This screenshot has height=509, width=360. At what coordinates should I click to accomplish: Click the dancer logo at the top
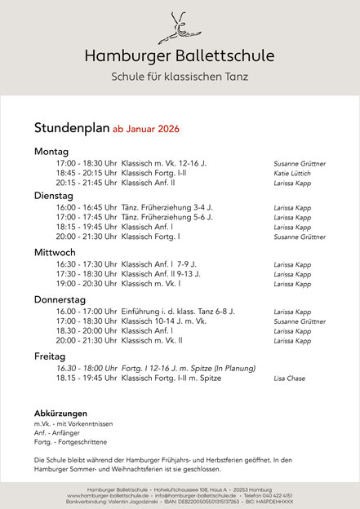[x=180, y=26]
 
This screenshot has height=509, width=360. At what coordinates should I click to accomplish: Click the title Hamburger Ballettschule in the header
[x=180, y=55]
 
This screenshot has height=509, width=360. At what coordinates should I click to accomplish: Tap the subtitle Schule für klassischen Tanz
[x=180, y=77]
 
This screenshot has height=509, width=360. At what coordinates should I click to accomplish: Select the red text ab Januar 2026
[x=145, y=129]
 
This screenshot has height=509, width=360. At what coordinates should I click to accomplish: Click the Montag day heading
[x=51, y=152]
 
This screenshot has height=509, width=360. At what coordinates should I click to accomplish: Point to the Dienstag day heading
[x=54, y=196]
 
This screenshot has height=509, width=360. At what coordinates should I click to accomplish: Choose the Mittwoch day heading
[x=56, y=252]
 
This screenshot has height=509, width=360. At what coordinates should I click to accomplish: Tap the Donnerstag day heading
[x=62, y=299]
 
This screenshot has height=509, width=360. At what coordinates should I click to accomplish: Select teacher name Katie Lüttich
[x=292, y=174]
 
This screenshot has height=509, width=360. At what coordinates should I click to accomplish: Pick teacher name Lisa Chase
[x=290, y=378]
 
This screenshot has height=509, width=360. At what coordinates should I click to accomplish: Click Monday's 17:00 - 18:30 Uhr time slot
[x=87, y=163]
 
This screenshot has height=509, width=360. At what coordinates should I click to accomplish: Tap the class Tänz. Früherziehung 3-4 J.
[x=167, y=208]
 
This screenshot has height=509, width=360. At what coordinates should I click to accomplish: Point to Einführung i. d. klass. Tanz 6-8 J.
[x=178, y=312]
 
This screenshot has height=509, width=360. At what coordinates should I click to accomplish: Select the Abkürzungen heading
[x=60, y=413]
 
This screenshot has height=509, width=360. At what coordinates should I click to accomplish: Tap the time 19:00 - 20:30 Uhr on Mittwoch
[x=87, y=284]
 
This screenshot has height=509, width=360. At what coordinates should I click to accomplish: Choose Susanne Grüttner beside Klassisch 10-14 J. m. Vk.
[x=300, y=321]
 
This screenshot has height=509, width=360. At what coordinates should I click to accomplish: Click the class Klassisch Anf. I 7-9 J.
[x=159, y=264]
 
